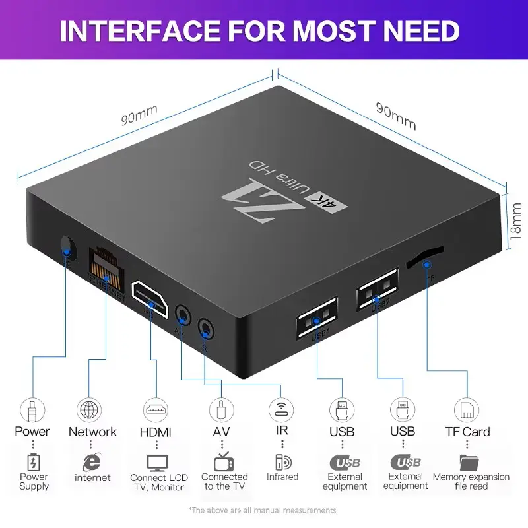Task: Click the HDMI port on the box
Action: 151,294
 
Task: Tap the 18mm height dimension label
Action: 516,220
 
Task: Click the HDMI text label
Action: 156,432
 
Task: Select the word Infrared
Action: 282,477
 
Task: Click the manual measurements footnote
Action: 262,510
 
